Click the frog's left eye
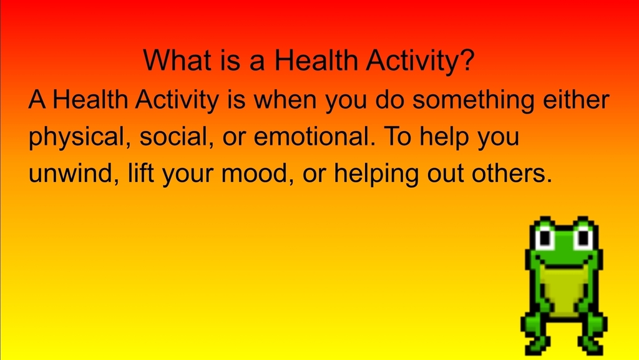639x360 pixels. pyautogui.click(x=545, y=238)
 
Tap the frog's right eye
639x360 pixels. pyautogui.click(x=583, y=238)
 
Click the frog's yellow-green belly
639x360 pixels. pyautogui.click(x=563, y=290)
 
